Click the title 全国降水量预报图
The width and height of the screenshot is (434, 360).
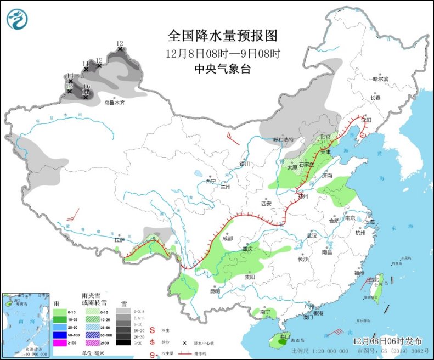tap(223, 36)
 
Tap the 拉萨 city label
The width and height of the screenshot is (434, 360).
tap(120, 240)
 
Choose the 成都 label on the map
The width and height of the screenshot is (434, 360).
tap(227, 239)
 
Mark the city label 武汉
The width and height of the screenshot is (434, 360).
tap(312, 235)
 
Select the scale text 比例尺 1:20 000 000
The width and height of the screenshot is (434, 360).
tap(320, 351)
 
